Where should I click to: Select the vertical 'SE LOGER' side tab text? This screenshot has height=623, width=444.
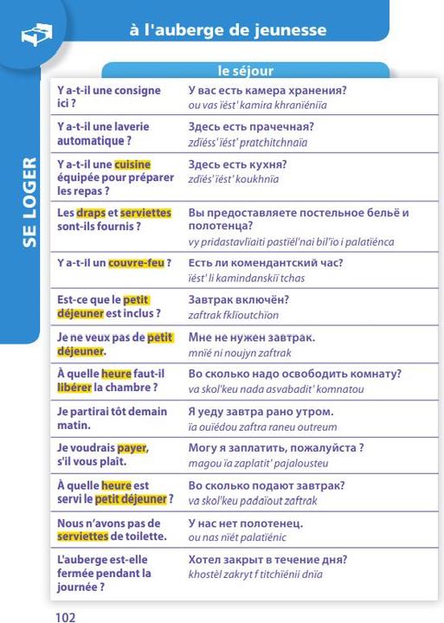pyautogui.click(x=28, y=208)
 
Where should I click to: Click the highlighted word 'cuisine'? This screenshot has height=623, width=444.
pyautogui.click(x=132, y=164)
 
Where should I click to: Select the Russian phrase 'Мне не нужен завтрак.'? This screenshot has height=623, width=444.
pyautogui.click(x=251, y=337)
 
